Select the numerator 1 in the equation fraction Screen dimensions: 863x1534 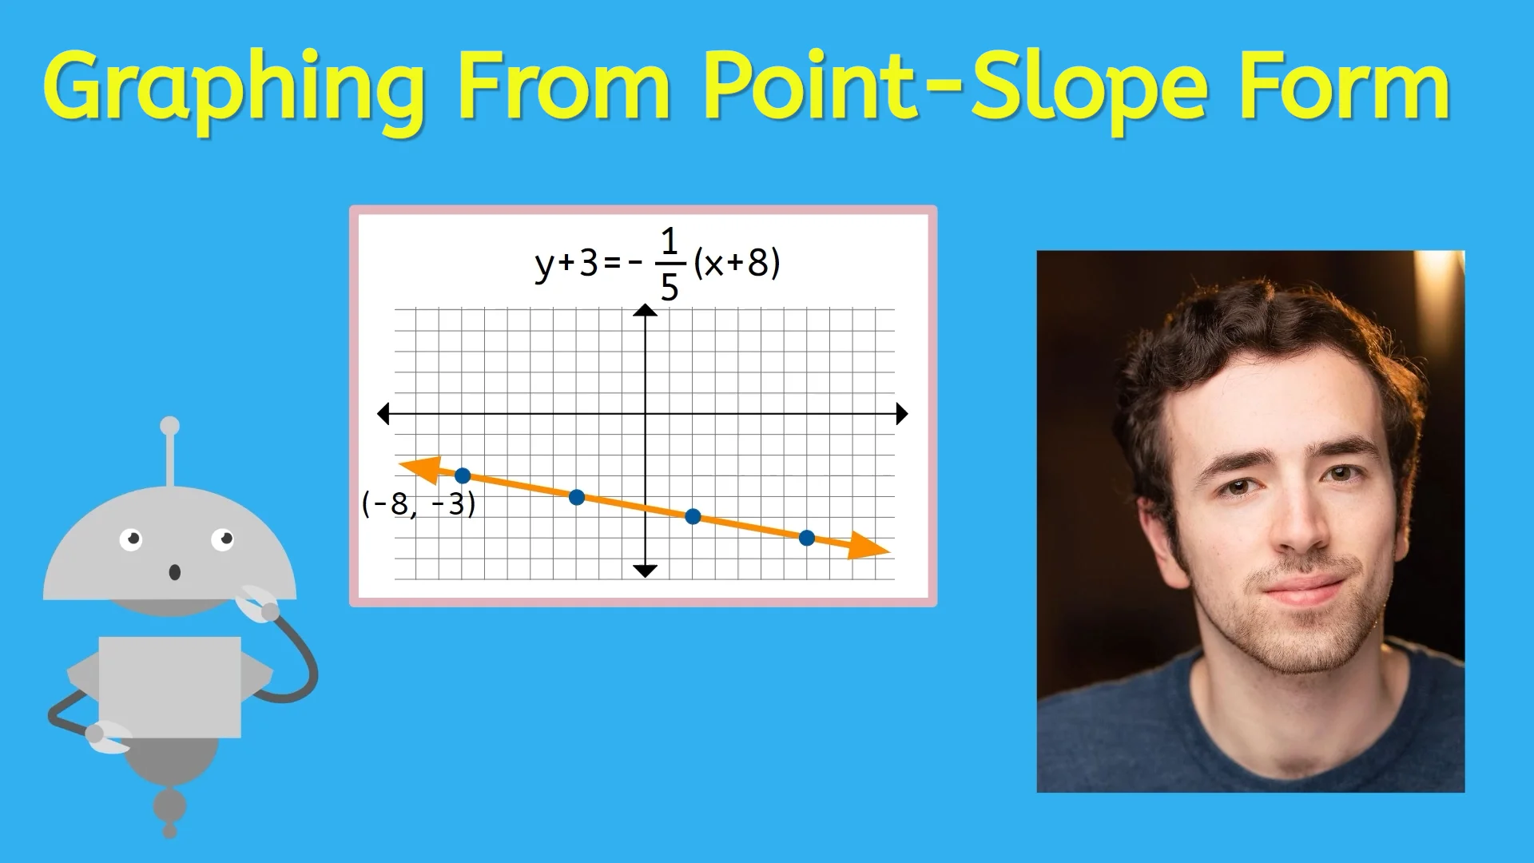coord(670,241)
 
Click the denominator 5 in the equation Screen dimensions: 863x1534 coord(670,288)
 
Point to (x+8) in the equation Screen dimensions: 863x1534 coord(737,263)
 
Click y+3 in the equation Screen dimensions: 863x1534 coord(566,263)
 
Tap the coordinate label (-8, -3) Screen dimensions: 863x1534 coord(419,504)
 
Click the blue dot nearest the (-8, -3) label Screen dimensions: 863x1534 coord(463,476)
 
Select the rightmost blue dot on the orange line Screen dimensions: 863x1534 coord(807,539)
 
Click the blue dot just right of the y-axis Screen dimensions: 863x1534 coord(693,517)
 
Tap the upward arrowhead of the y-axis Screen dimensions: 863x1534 coord(645,311)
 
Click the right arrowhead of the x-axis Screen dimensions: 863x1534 coord(901,414)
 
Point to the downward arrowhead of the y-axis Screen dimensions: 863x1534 coord(645,570)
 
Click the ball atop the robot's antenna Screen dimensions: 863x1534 coord(169,425)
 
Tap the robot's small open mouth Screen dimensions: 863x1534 coord(174,572)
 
